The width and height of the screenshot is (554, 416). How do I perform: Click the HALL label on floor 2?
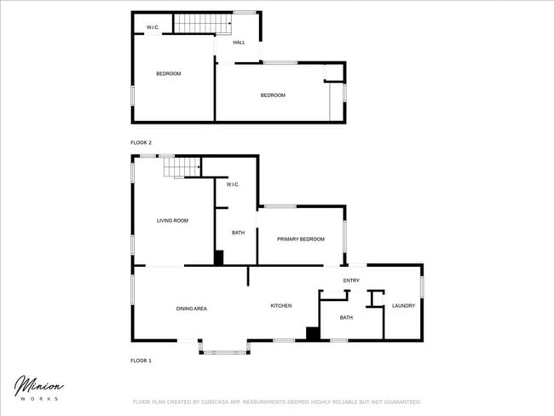tap(239, 42)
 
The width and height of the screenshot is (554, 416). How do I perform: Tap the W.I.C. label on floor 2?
tap(153, 27)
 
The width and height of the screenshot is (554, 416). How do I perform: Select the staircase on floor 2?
tap(203, 23)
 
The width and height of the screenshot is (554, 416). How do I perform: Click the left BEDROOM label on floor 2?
tap(168, 73)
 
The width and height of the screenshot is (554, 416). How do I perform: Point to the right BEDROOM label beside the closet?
tap(273, 95)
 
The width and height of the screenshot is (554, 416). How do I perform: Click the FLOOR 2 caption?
tap(141, 142)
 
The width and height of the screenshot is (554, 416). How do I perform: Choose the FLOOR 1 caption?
tap(141, 361)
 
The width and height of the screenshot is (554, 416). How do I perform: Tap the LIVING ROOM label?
tap(172, 221)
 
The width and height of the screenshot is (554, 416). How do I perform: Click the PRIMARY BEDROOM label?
tap(301, 240)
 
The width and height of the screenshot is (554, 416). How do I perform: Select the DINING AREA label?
tap(192, 308)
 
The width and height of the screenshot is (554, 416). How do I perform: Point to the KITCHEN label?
tap(281, 305)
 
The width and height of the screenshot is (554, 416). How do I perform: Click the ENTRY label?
tap(351, 280)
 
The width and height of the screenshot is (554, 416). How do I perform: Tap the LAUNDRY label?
tap(403, 305)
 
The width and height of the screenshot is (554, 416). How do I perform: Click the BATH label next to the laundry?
tap(346, 317)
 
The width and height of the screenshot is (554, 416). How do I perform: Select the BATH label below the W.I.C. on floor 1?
tap(238, 232)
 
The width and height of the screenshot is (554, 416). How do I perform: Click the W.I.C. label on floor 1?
tap(233, 185)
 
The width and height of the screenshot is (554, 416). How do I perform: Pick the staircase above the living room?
tap(182, 167)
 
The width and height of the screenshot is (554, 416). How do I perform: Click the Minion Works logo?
tap(38, 389)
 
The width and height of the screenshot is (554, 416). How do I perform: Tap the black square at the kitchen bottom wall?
tap(313, 333)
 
